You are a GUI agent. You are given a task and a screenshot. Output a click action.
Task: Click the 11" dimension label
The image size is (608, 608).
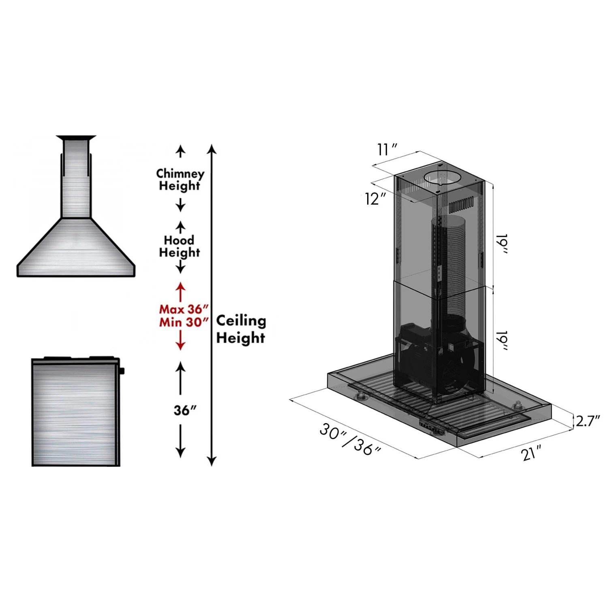(x=386, y=150)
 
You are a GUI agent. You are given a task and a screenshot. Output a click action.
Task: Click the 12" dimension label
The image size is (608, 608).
(x=375, y=199)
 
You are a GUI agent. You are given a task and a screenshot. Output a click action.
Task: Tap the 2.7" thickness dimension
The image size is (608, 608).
(x=587, y=421)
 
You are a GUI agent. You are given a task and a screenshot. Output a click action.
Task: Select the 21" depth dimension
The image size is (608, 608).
(x=531, y=452)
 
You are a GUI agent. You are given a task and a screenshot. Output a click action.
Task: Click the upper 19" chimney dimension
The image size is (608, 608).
(x=503, y=244)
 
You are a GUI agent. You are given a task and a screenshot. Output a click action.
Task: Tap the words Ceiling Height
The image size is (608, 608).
(x=241, y=329)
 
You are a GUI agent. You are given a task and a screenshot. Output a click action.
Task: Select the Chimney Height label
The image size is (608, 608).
(x=180, y=180)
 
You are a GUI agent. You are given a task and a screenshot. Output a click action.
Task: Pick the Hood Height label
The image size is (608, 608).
(x=179, y=246)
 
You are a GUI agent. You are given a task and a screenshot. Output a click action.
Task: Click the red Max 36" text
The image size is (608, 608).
(x=184, y=309)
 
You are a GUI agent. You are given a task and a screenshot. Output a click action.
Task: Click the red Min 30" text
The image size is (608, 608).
(x=184, y=322)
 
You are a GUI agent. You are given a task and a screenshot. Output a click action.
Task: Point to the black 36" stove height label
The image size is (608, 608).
(x=185, y=410)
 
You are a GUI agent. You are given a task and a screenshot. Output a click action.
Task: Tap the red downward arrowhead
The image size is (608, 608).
(x=180, y=345)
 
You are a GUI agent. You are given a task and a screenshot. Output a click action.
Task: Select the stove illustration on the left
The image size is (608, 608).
(x=75, y=411)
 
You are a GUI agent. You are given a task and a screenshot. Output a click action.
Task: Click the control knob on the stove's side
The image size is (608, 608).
(x=122, y=370)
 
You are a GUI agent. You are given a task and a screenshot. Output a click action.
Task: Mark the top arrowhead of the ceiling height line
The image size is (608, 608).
(x=212, y=149)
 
